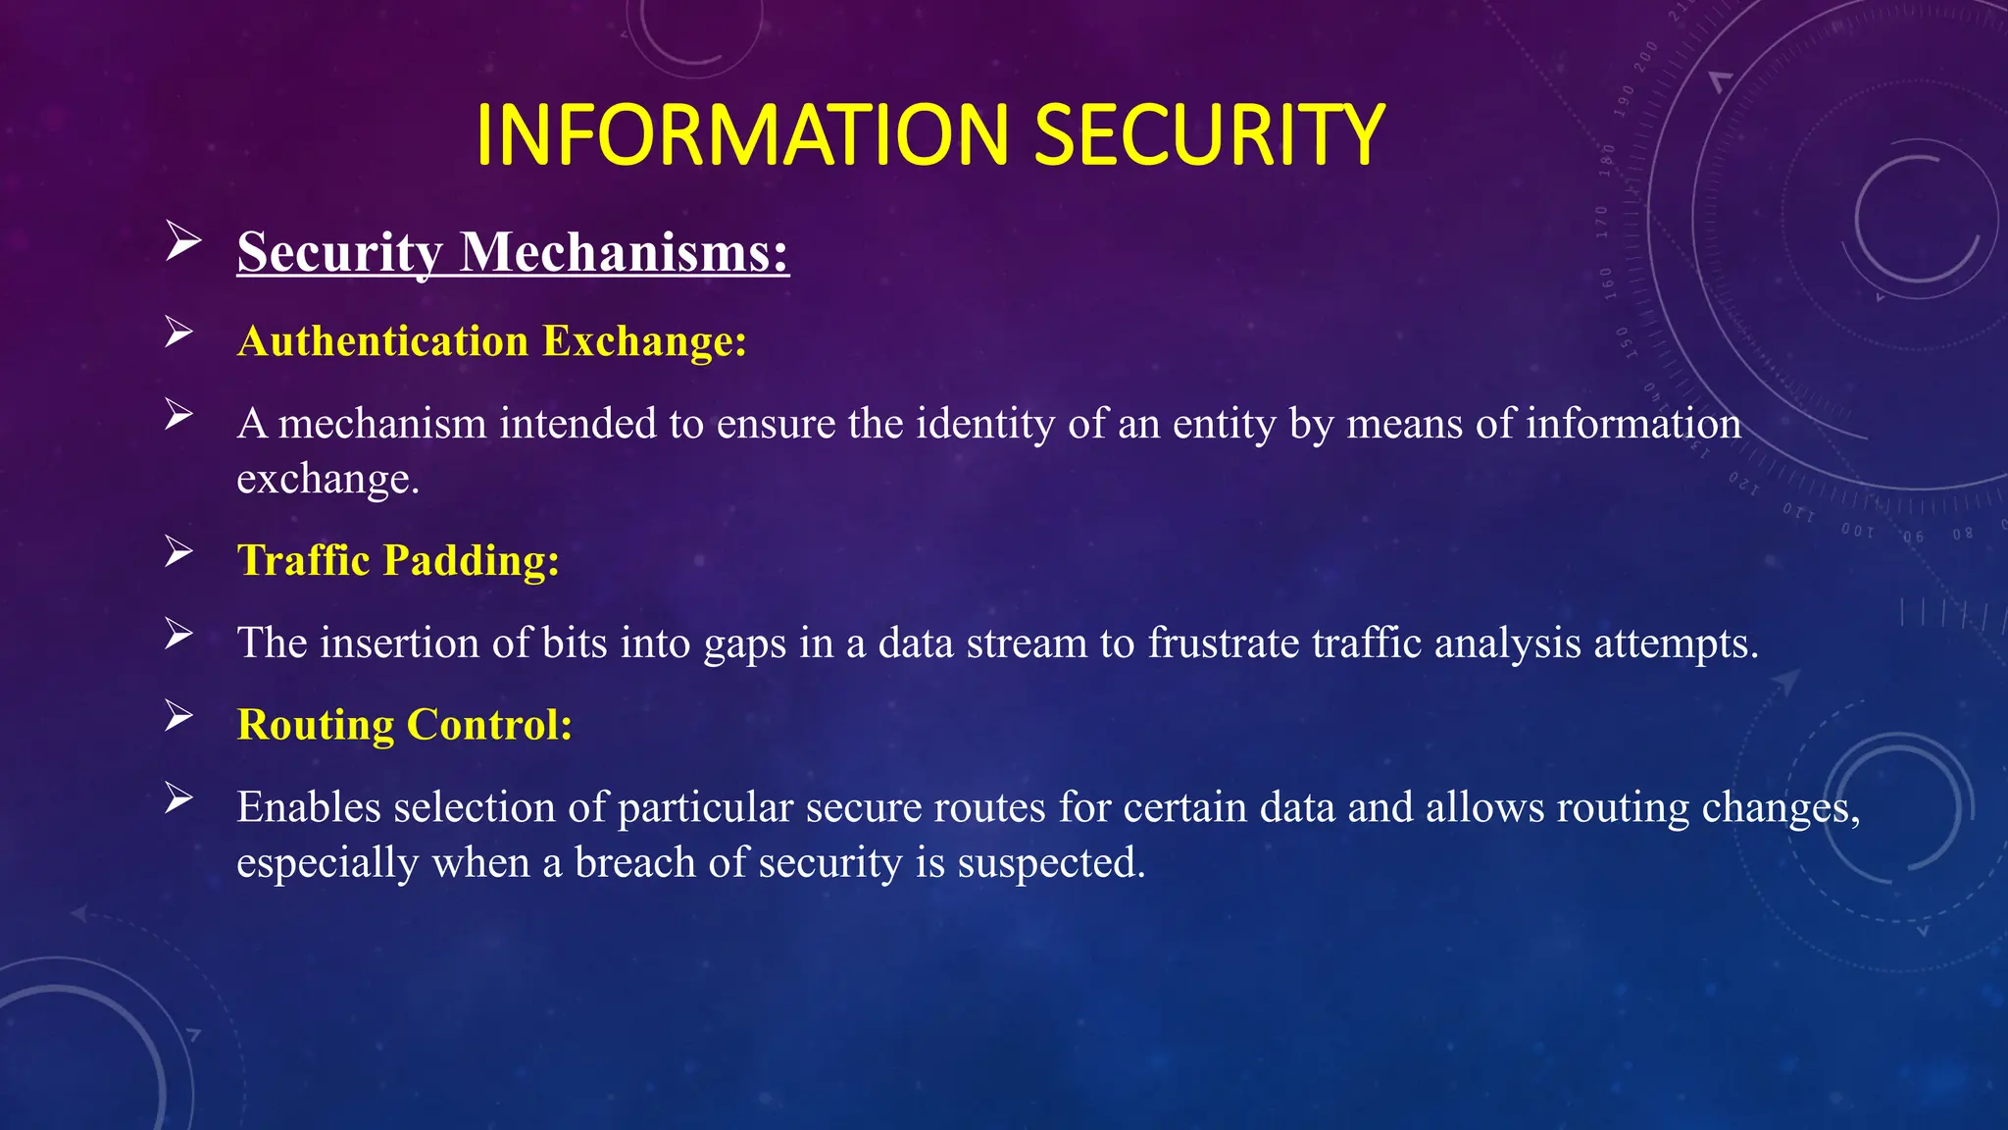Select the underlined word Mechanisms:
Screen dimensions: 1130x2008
point(625,252)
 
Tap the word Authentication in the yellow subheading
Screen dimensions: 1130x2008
point(382,341)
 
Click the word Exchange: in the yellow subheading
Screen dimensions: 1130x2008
point(645,341)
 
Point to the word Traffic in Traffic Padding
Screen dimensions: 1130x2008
point(303,561)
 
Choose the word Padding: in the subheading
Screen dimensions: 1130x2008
point(472,561)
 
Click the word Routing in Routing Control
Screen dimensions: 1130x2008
point(315,725)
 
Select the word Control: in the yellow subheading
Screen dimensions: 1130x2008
point(489,725)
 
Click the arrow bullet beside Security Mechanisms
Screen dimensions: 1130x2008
point(182,241)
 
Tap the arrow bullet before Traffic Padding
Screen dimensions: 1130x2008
point(178,551)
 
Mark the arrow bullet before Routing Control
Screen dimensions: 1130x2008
point(178,716)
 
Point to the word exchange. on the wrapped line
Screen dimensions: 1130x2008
point(327,479)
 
